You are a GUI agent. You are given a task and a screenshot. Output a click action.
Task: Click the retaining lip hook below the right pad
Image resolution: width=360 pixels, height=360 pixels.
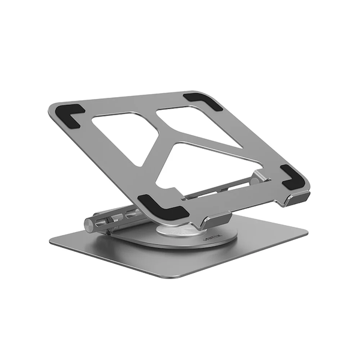pyautogui.click(x=297, y=198)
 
